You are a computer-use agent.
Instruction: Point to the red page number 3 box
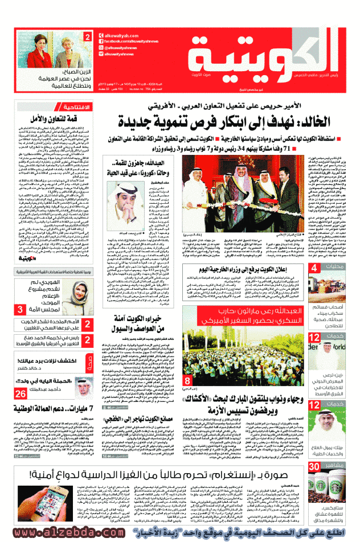[19, 310]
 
